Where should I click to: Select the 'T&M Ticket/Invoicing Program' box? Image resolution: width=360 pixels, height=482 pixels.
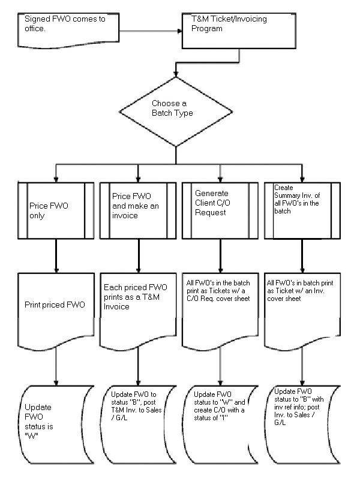tap(240, 30)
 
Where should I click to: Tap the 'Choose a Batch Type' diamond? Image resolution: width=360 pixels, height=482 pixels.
tap(175, 110)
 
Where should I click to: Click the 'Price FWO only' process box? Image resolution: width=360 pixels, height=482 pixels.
tap(56, 210)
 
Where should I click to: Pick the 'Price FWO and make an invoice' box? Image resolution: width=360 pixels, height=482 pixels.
tap(138, 210)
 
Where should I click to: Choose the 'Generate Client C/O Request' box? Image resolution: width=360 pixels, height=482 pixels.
tap(221, 210)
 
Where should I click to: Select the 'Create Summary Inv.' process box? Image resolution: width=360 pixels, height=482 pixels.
tap(302, 210)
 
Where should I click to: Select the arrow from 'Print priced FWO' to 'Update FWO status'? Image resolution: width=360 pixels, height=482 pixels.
tap(56, 366)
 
